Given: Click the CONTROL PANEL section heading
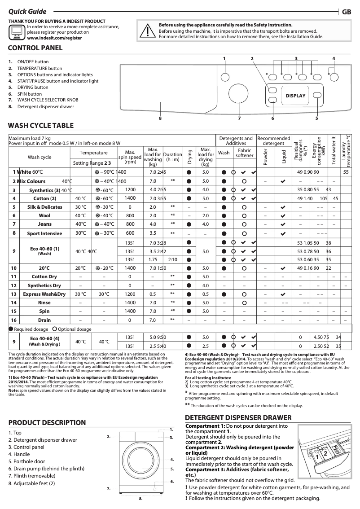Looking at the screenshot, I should (x=35, y=48).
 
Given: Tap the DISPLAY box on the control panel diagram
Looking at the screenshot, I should (x=295, y=96).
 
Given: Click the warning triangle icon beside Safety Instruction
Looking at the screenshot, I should (x=147, y=31).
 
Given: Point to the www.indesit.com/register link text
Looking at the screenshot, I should (x=54, y=39).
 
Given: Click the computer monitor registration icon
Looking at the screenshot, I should (x=17, y=31).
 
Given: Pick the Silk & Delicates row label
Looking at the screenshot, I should (x=44, y=207).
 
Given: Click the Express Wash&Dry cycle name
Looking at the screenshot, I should (x=44, y=294).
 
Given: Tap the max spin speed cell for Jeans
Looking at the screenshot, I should (x=130, y=224).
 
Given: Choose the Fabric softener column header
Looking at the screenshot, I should (x=244, y=153).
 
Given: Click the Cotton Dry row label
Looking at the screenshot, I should (x=44, y=277).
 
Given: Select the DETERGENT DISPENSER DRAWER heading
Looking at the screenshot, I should (x=238, y=418).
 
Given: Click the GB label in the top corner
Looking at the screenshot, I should (x=347, y=12).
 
